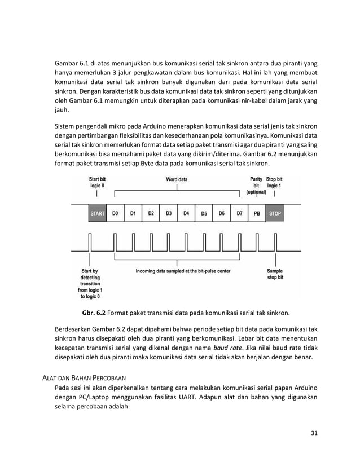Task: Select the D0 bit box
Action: [115, 214]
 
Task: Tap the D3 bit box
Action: [169, 214]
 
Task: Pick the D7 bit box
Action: [239, 214]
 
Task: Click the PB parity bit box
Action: [257, 214]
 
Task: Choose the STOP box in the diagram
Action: [275, 214]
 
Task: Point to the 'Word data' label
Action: [177, 180]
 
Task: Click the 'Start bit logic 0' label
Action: [96, 182]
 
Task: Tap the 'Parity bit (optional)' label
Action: [256, 185]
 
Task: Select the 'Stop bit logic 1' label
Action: [275, 182]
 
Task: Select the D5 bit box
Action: [204, 214]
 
